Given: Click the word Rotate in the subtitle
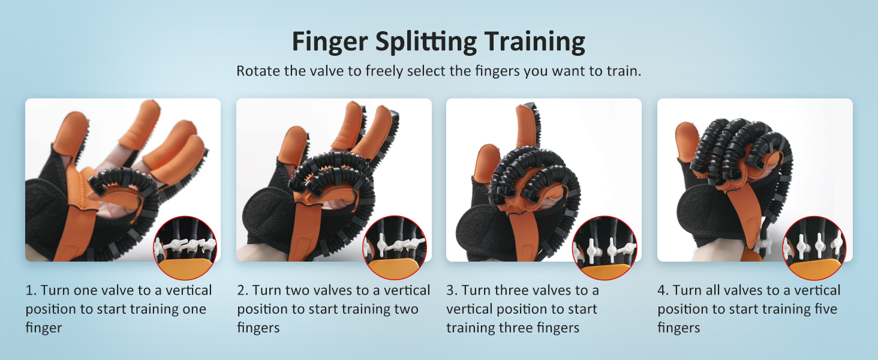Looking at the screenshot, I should (x=258, y=71).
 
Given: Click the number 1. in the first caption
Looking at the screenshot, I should (x=31, y=291).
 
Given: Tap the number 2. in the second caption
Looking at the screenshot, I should (x=243, y=291).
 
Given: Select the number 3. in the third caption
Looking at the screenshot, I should (x=452, y=291).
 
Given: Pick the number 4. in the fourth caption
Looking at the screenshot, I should (x=663, y=291).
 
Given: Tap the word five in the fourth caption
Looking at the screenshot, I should (x=822, y=310).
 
